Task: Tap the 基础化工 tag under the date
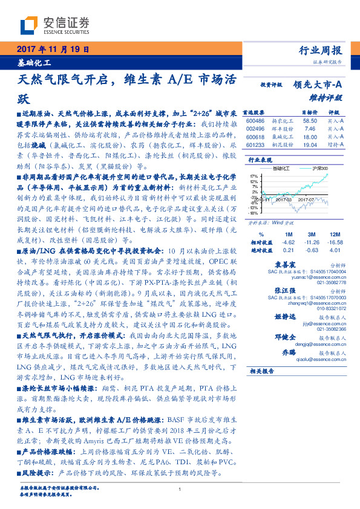34,62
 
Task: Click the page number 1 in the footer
180,490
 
